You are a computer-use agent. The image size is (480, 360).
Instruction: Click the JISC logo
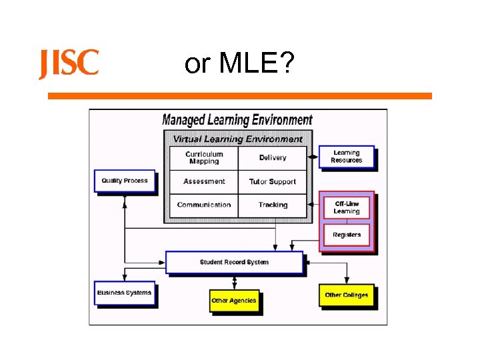pyautogui.click(x=69, y=64)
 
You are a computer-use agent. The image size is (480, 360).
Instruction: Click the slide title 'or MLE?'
pyautogui.click(x=237, y=64)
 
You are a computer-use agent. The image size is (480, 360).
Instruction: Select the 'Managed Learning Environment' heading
pyautogui.click(x=237, y=120)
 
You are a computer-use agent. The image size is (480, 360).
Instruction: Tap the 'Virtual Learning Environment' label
pyautogui.click(x=237, y=139)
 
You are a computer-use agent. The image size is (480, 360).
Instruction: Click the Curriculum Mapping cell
pyautogui.click(x=203, y=158)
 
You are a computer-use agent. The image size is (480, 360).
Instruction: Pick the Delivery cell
pyautogui.click(x=273, y=158)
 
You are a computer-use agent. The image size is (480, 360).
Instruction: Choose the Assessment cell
pyautogui.click(x=203, y=181)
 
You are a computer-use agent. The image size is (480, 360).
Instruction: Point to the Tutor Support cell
pyautogui.click(x=273, y=181)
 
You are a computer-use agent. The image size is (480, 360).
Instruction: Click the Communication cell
pyautogui.click(x=203, y=205)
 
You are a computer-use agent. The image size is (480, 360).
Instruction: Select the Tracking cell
pyautogui.click(x=273, y=205)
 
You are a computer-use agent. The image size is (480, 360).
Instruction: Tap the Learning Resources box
pyautogui.click(x=346, y=157)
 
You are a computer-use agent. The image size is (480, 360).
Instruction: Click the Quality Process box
pyautogui.click(x=125, y=181)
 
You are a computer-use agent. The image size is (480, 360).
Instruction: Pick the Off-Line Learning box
pyautogui.click(x=346, y=207)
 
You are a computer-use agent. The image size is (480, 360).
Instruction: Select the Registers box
pyautogui.click(x=346, y=235)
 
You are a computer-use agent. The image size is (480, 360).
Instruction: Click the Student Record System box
pyautogui.click(x=234, y=262)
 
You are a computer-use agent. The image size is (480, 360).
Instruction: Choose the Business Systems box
pyautogui.click(x=124, y=293)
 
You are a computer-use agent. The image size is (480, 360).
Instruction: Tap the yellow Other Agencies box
pyautogui.click(x=233, y=301)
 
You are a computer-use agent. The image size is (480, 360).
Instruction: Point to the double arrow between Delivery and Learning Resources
pyautogui.click(x=313, y=158)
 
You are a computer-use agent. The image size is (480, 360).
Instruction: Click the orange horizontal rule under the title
pyautogui.click(x=240, y=96)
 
